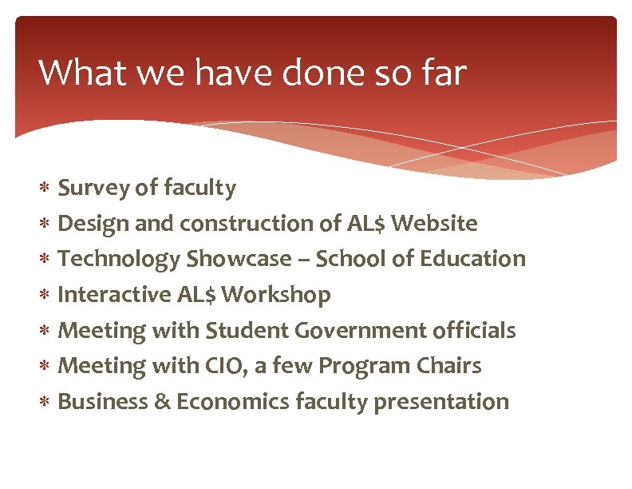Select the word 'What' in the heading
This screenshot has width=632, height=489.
tap(77, 73)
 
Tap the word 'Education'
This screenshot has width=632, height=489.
tap(479, 259)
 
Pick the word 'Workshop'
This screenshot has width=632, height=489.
tap(276, 295)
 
